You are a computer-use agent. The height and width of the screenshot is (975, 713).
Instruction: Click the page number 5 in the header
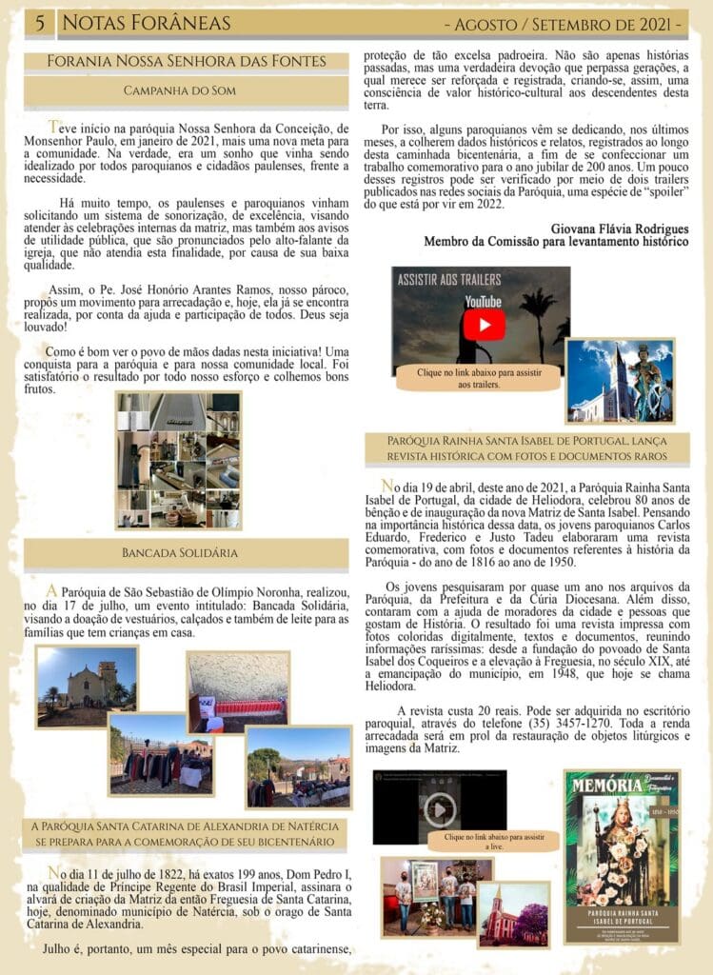[x=39, y=23]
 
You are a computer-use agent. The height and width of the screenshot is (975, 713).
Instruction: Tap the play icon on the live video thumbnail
[x=439, y=810]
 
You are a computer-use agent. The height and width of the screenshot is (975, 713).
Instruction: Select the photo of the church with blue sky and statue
[x=620, y=380]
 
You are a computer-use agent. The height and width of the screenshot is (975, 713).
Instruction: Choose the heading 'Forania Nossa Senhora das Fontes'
[x=188, y=62]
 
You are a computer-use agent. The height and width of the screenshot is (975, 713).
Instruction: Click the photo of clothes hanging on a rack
[x=159, y=754]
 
